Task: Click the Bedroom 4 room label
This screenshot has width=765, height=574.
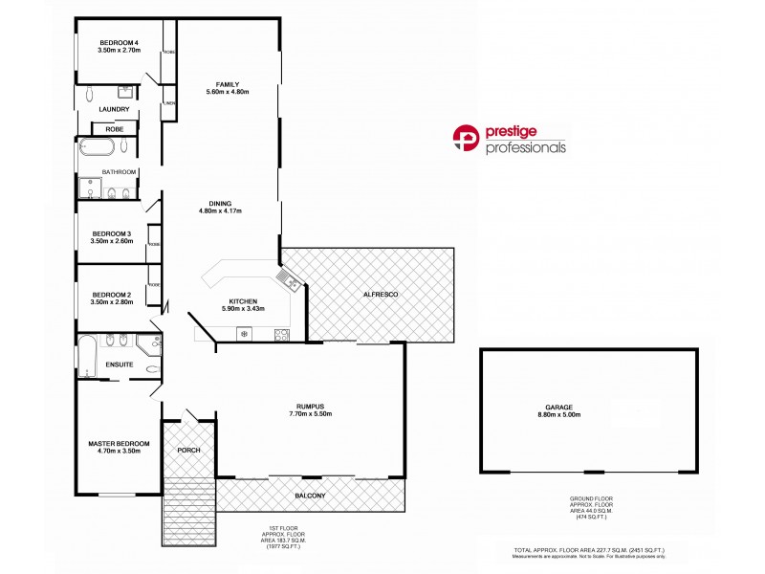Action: click(120, 41)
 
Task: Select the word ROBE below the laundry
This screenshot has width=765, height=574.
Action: click(114, 128)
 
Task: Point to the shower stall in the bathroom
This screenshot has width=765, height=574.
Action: click(93, 187)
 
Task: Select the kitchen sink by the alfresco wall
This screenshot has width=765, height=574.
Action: click(287, 279)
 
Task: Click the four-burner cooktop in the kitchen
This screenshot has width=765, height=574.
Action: click(282, 334)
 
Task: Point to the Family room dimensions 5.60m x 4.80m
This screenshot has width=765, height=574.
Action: click(227, 92)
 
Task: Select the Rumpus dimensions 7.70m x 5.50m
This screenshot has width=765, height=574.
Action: click(310, 414)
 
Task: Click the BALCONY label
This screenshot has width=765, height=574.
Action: click(310, 495)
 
